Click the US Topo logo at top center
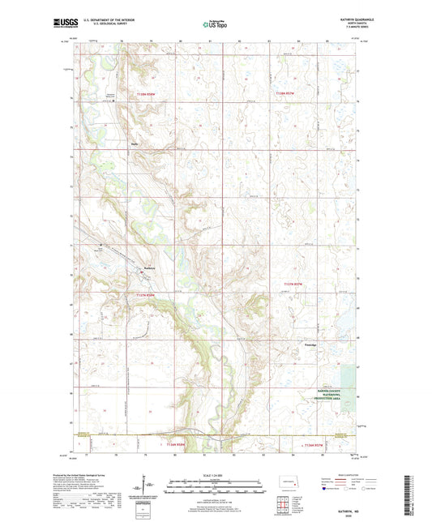point(216,25)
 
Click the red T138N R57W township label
point(288,95)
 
